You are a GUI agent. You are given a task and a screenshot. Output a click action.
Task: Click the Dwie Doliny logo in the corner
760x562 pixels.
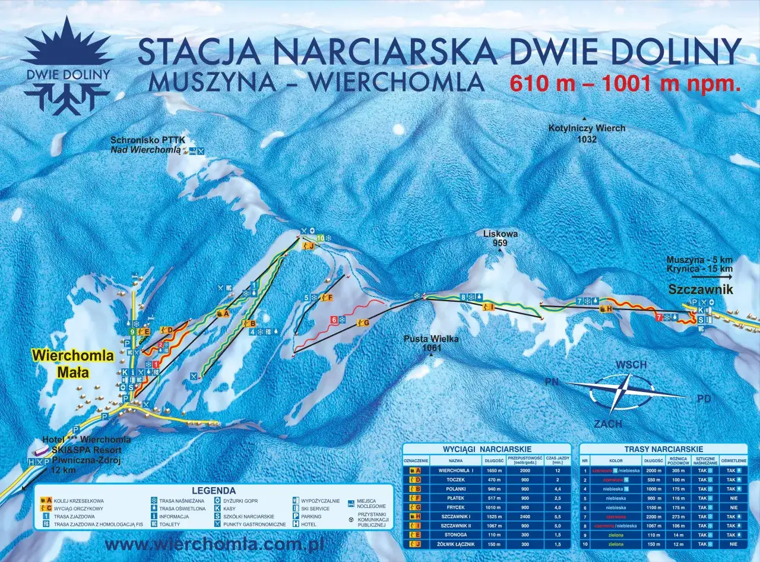pyautogui.click(x=66, y=65)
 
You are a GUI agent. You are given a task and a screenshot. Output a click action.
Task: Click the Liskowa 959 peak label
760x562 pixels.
pyautogui.click(x=500, y=238)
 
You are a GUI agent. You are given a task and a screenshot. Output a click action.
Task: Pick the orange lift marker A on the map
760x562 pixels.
pyautogui.click(x=223, y=313)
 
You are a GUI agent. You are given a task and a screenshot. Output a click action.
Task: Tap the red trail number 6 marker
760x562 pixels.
pyautogui.click(x=334, y=320)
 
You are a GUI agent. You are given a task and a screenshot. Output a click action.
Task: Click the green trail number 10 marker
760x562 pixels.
pyautogui.click(x=321, y=238)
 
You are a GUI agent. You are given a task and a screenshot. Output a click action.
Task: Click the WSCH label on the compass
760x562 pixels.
pyautogui.click(x=631, y=365)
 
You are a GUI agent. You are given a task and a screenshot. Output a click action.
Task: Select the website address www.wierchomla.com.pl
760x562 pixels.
pyautogui.click(x=213, y=544)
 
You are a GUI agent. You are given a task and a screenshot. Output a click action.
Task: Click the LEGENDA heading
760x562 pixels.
pyautogui.click(x=214, y=491)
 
